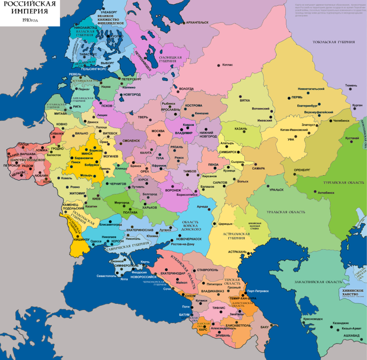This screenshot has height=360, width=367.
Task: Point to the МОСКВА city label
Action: tap(158, 131)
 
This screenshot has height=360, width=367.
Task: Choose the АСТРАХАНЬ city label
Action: tap(237, 252)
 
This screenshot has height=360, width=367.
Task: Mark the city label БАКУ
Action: tap(264, 327)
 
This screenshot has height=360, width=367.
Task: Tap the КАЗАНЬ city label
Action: tap(241, 129)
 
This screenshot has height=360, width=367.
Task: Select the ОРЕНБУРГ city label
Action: tap(302, 169)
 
